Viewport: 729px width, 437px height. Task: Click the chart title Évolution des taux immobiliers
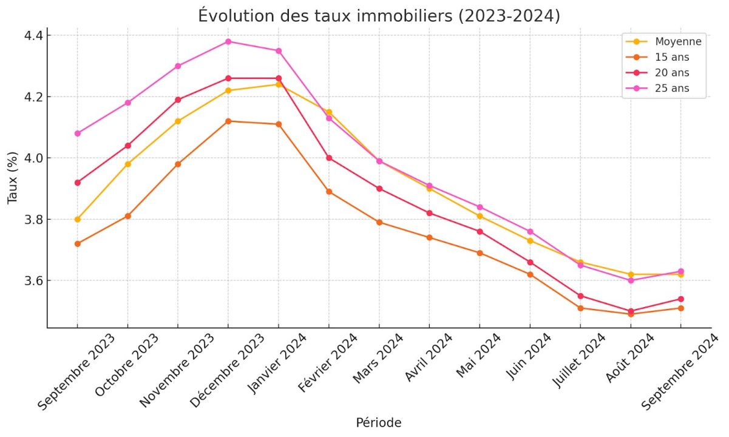[379, 16]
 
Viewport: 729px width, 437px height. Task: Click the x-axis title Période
[378, 422]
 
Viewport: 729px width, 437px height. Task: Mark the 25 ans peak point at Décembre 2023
[228, 41]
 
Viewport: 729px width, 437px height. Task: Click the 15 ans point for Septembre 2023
[77, 243]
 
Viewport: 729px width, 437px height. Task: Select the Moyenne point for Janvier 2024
[279, 84]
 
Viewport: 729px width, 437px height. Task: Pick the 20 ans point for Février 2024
[329, 158]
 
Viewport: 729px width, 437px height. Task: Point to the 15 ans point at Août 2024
[631, 314]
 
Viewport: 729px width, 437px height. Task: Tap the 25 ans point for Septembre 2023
[77, 134]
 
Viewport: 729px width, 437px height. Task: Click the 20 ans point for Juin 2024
[530, 262]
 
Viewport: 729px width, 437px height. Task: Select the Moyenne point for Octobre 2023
[127, 164]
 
